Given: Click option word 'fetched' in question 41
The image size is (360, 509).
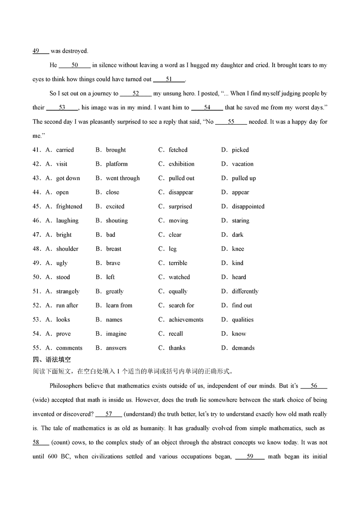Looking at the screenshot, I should coord(178,150).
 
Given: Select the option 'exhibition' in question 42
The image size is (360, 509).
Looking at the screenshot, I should coord(181,164).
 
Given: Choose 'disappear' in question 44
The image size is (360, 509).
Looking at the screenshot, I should coord(181,192).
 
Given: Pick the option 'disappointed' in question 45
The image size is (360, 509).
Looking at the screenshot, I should coord(248,207).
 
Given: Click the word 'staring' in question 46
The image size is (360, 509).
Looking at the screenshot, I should coord(240,221).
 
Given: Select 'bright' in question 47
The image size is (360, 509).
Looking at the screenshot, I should coord(64,234).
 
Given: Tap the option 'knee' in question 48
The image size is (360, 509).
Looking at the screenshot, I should coord(238,249).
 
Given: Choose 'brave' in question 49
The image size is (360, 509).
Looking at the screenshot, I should coord(113,263).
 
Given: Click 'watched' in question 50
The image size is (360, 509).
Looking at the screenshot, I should coord(179,277).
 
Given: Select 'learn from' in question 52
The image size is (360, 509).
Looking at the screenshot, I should coord(119,305).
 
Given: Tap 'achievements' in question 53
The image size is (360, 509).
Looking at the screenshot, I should coord(186,320).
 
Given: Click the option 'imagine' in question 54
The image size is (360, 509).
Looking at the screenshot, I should coord(116,333).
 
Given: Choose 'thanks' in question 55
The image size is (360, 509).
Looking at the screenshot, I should coord(177,348).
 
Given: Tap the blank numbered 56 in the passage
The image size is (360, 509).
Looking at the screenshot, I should coord(314,386).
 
